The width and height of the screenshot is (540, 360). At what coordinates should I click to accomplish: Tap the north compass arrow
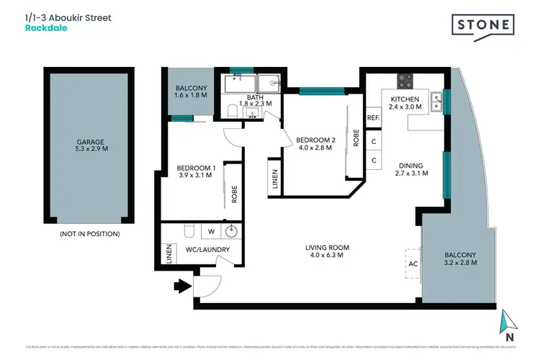(509, 321)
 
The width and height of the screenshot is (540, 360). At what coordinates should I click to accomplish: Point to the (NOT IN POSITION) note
(90, 234)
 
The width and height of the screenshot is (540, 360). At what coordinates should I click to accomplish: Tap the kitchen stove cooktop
(405, 81)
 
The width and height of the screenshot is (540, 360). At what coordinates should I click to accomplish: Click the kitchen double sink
(436, 102)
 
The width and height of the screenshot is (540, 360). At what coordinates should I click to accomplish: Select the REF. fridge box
(373, 117)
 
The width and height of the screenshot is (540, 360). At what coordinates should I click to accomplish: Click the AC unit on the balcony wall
(413, 264)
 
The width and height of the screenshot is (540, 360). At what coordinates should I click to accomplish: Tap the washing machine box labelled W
(211, 232)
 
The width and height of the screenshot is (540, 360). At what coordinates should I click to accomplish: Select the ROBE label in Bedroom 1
(235, 194)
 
